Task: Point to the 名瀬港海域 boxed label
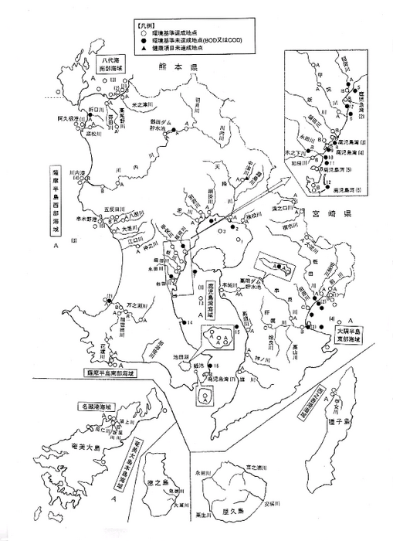93,406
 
